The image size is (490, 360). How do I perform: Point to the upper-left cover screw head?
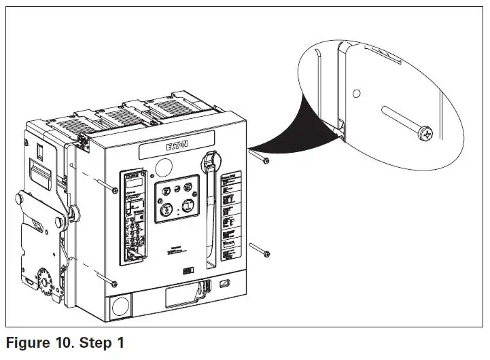coord(114,190)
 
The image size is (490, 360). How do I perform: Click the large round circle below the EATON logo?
coord(164,165)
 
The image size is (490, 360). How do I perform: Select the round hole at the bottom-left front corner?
coord(120,306)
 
